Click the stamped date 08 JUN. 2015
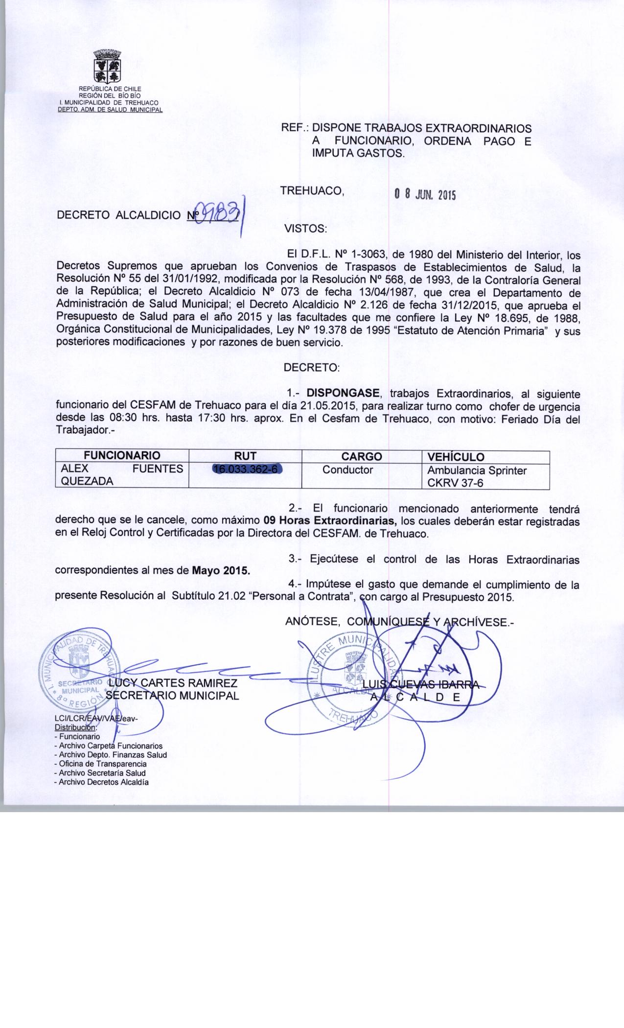(x=425, y=195)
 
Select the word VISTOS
(x=305, y=228)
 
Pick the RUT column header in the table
(x=245, y=456)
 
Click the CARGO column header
(x=361, y=456)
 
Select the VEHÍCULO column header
(x=456, y=457)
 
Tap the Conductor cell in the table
(x=347, y=470)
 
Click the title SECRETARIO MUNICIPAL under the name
(x=172, y=696)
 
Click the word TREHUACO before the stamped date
(x=312, y=191)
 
